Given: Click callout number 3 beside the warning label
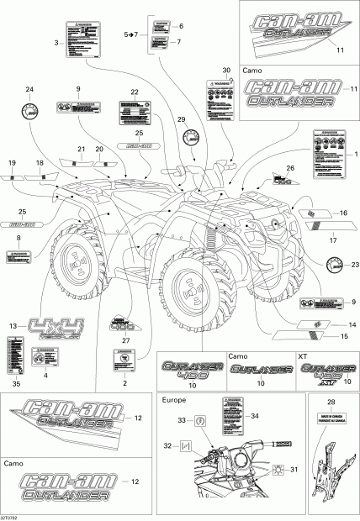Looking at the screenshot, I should click(56, 43).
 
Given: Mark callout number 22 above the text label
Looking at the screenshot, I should click(134, 91).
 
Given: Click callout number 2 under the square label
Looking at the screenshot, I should click(124, 383).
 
